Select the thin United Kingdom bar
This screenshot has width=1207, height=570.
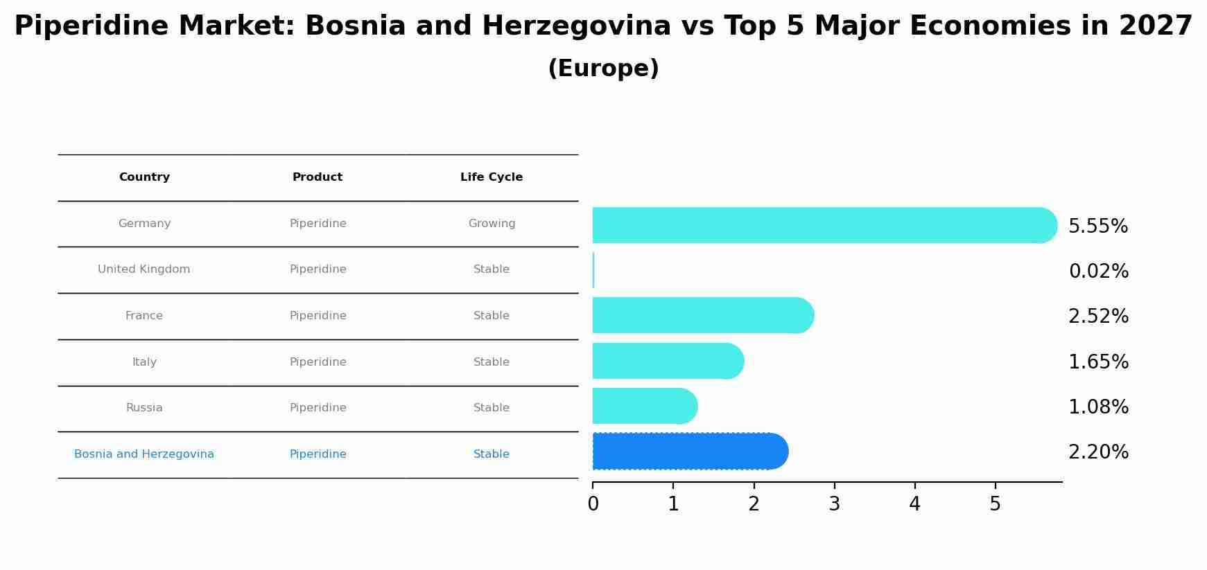593,270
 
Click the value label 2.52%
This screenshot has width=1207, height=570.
1098,317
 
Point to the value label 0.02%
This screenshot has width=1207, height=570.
1098,271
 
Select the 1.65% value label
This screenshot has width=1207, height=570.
1098,362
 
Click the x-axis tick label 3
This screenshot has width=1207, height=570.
834,504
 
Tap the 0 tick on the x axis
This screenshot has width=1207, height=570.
593,504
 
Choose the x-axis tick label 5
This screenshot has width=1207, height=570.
995,504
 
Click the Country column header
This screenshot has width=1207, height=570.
144,177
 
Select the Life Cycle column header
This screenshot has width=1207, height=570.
492,177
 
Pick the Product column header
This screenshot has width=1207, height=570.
318,177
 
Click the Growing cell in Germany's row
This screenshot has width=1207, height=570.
492,224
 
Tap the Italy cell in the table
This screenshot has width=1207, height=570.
144,362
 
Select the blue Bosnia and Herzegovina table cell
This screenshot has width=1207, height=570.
144,454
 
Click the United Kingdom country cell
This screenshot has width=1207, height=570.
144,269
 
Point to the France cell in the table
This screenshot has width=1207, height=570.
144,316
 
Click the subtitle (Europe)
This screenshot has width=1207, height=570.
603,69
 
